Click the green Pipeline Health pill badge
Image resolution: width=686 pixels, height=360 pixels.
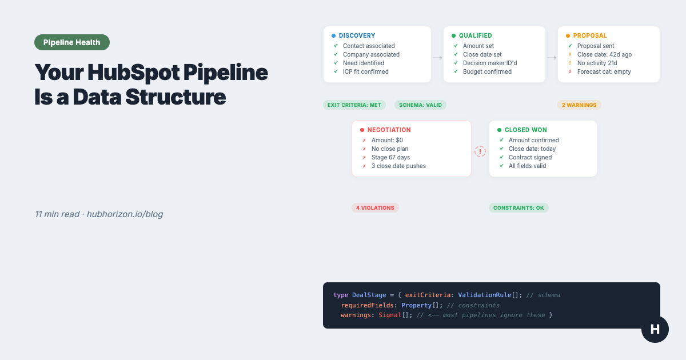point(72,42)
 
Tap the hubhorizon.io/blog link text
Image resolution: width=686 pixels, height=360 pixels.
point(125,214)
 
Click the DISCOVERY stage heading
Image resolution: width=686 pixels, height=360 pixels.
point(357,35)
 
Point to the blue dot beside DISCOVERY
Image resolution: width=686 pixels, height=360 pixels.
point(333,35)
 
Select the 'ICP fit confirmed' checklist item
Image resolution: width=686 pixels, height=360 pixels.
point(365,71)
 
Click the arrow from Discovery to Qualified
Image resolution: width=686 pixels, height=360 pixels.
point(437,58)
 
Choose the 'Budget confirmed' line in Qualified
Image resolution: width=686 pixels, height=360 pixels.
point(487,71)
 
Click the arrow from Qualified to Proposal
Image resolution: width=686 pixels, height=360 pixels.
point(552,58)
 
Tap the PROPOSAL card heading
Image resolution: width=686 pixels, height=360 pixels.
point(590,35)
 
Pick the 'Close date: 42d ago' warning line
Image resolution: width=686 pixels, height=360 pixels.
point(604,54)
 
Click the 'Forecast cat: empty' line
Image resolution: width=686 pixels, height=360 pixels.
point(604,71)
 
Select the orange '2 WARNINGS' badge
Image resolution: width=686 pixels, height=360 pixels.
point(579,105)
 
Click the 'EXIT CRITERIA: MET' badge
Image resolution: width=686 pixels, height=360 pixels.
point(354,105)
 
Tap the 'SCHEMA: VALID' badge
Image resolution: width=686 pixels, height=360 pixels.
point(420,105)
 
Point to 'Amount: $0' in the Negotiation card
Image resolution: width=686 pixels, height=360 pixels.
point(387,140)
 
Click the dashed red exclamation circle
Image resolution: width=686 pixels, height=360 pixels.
point(480,151)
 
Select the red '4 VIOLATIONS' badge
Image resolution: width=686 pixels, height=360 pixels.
point(375,208)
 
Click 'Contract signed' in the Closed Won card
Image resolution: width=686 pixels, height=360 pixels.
point(530,157)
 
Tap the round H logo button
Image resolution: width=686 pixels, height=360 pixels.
point(655,329)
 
